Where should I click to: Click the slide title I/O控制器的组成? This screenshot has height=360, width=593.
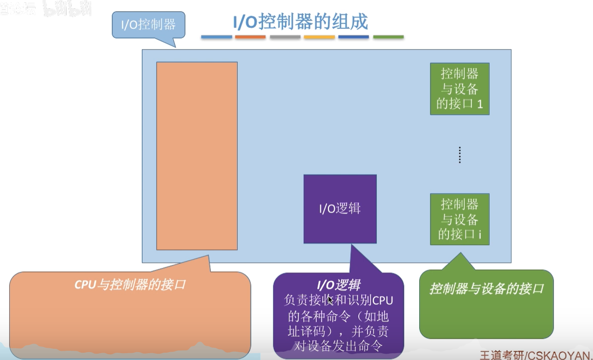[300, 22]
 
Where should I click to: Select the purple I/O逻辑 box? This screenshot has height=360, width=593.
[340, 209]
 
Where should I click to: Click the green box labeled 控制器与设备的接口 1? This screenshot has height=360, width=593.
[459, 89]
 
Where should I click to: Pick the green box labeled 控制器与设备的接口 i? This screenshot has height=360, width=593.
[459, 219]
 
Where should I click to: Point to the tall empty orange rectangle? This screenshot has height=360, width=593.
[197, 156]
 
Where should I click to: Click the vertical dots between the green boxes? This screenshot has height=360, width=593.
[459, 155]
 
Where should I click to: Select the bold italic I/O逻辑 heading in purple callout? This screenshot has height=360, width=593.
[339, 285]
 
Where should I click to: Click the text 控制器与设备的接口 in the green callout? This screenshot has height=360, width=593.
[486, 288]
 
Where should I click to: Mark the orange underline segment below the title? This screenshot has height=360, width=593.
[250, 37]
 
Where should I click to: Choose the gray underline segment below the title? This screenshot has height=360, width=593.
[285, 37]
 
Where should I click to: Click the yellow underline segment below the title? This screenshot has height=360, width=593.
[319, 37]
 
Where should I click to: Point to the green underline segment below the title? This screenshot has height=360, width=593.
[389, 37]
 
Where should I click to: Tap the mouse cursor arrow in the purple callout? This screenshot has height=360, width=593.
[330, 300]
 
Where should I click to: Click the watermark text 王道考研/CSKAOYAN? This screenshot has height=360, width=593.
[536, 354]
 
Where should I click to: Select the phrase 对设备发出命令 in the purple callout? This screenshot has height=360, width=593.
[338, 346]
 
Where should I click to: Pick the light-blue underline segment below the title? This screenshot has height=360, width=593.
[216, 37]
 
